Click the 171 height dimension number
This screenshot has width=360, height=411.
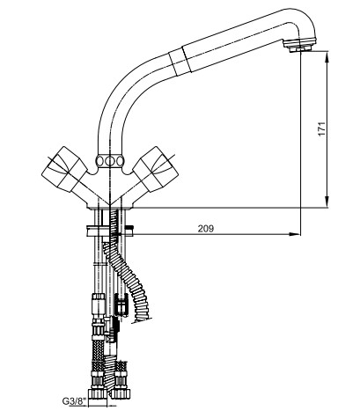(x=322, y=128)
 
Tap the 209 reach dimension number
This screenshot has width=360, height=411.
(x=206, y=229)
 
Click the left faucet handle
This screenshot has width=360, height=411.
(x=64, y=169)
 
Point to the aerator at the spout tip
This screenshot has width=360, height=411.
(x=301, y=45)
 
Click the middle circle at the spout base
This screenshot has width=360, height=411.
(x=111, y=161)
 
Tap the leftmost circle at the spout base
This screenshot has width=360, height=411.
(x=100, y=161)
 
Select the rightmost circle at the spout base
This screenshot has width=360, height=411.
(x=121, y=161)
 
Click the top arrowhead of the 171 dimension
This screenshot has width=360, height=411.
(x=327, y=55)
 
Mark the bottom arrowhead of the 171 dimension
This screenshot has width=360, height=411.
(x=327, y=202)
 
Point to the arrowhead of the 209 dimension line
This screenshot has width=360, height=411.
(x=295, y=234)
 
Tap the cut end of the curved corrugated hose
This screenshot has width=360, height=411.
(x=142, y=319)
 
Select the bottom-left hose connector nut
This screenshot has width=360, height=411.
(x=99, y=393)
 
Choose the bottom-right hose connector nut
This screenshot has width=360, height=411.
(x=121, y=393)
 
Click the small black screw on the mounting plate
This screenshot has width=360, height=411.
(x=129, y=227)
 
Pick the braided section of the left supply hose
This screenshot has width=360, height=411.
(x=99, y=349)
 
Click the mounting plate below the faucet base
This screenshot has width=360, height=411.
(x=110, y=231)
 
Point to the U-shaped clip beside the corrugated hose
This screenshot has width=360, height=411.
(x=121, y=305)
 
